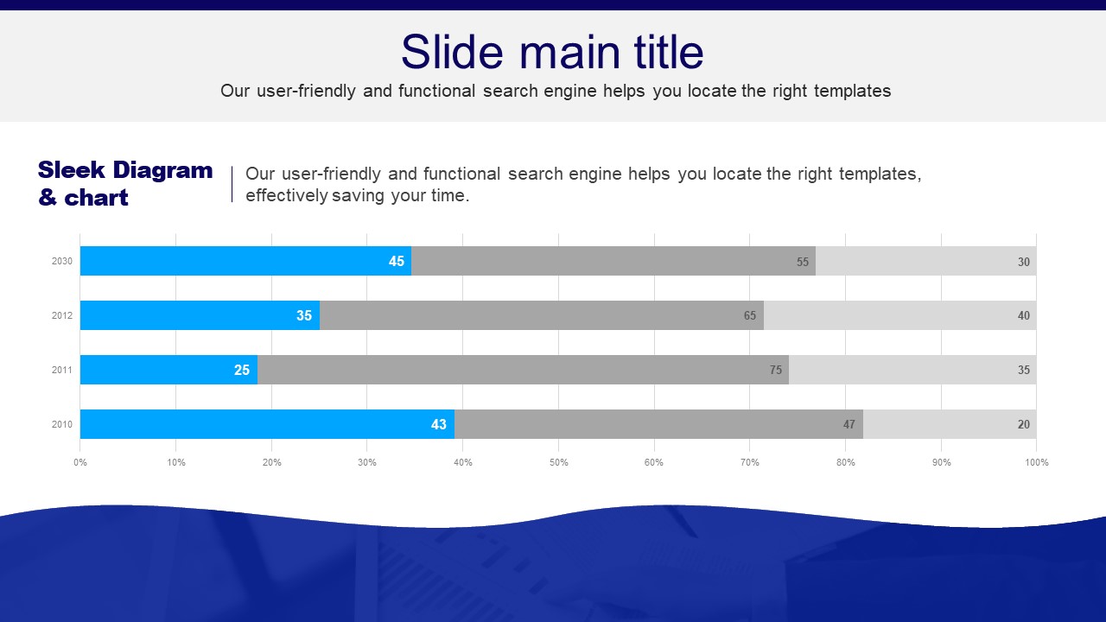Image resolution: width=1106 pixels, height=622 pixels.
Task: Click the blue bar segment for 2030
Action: [246, 261]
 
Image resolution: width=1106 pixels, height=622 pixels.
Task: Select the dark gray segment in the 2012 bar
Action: [542, 315]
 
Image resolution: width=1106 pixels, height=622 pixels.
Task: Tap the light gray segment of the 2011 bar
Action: [912, 369]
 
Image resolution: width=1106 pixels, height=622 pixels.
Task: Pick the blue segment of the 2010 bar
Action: [268, 423]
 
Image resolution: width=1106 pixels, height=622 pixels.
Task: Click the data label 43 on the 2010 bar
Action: [438, 424]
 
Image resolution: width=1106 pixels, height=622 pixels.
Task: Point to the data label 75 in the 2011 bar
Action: [776, 370]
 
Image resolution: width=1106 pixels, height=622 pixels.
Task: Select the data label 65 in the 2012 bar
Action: [749, 315]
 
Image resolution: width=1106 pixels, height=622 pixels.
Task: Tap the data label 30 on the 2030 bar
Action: [1024, 262]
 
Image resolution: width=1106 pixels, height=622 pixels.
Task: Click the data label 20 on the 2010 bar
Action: [1024, 424]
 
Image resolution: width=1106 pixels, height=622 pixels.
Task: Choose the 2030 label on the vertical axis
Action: [62, 261]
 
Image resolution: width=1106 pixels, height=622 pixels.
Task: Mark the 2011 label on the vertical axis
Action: [62, 370]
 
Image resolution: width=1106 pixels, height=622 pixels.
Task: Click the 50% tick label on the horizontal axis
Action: [558, 462]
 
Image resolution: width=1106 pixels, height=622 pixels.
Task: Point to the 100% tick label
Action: [1036, 462]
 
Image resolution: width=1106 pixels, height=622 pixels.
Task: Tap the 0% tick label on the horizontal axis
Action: [80, 462]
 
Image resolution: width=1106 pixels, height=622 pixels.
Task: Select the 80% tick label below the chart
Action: [845, 462]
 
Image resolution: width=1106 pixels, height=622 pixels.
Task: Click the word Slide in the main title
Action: [452, 52]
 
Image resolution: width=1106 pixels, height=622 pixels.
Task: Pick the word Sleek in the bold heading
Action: [72, 170]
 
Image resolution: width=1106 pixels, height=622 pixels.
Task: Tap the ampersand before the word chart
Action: [48, 198]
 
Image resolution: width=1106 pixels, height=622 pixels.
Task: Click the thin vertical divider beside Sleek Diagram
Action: [232, 184]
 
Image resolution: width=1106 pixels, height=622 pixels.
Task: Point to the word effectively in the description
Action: [286, 195]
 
